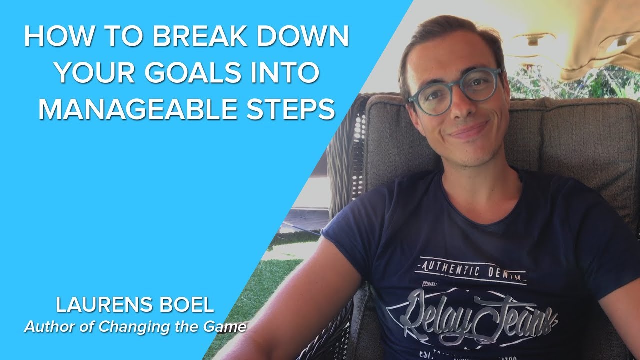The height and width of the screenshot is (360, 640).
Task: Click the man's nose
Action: click(x=460, y=107)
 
